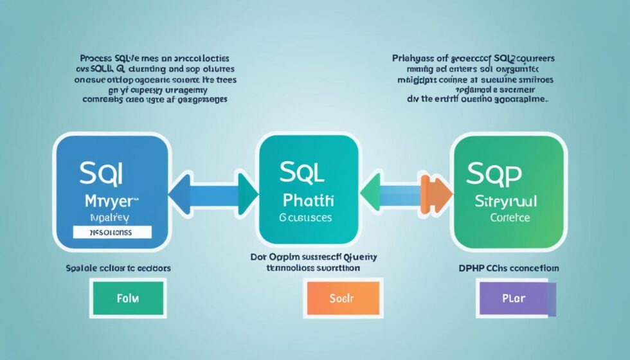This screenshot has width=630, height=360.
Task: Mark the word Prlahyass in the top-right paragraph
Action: [414, 58]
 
